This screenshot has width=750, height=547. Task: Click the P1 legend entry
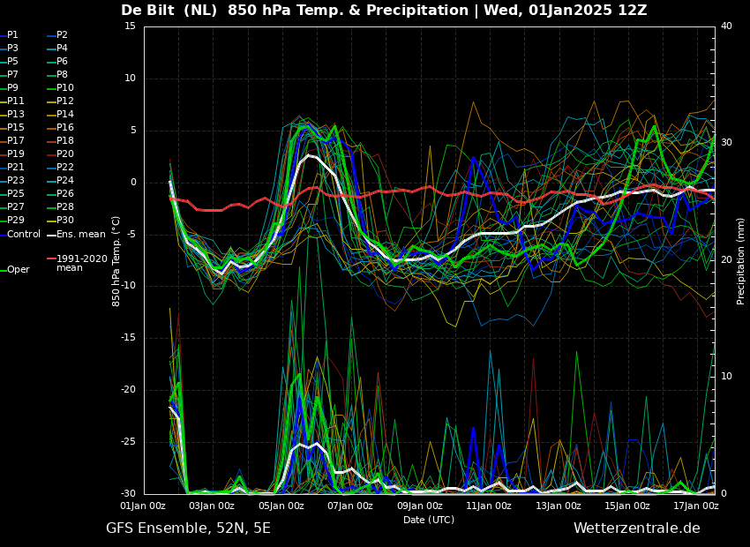point(12,35)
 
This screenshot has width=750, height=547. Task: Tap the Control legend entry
point(24,234)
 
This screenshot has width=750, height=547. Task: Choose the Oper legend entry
point(18,270)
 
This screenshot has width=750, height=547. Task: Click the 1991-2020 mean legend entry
point(81,263)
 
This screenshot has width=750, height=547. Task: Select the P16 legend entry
point(65,128)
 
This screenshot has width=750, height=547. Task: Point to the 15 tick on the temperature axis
point(130,26)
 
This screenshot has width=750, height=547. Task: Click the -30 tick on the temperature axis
point(127,494)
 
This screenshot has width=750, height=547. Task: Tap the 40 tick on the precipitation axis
point(726,26)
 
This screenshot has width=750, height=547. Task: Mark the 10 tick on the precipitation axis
point(726,377)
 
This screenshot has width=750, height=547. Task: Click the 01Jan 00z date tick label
point(143,506)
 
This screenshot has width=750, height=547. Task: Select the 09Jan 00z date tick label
point(420,506)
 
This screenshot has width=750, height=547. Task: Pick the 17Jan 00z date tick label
point(696,506)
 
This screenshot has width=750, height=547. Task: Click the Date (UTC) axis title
point(429,521)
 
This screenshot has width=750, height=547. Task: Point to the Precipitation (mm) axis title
point(741,260)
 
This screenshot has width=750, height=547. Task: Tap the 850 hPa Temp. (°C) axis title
point(116,260)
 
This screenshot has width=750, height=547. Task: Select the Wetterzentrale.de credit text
point(636,528)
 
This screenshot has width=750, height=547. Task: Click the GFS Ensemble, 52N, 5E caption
point(188,528)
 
